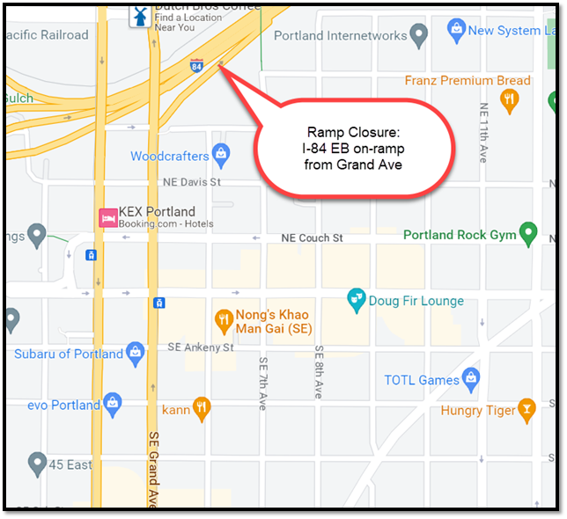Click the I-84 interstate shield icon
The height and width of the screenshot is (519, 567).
196,64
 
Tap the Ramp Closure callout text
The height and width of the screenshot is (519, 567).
353,148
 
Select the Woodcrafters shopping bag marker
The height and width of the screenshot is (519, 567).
220,156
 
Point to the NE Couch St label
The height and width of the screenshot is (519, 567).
312,238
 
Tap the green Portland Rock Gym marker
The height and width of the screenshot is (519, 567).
528,234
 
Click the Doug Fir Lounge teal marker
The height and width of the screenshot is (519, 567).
357,300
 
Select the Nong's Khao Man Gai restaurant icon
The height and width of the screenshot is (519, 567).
224,318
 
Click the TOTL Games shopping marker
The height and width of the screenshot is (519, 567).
472,379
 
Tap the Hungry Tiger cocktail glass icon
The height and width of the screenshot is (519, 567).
526,409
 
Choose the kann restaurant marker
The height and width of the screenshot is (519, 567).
202,409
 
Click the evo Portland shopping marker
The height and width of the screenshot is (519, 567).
112,405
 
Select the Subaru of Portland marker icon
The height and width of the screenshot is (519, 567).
135,353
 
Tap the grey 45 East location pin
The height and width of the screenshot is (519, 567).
37,463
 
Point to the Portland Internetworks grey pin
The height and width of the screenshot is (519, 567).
419,35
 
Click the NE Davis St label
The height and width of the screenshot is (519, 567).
191,182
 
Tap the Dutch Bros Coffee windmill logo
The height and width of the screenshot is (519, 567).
138,15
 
